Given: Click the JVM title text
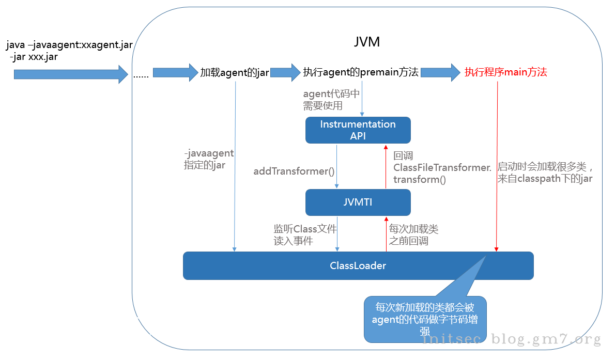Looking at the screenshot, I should click(367, 42).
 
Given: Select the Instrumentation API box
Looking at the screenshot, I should click(358, 130).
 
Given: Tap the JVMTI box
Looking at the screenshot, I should click(358, 202).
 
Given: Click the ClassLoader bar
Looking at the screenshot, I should click(358, 266).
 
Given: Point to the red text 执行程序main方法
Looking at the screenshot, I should click(505, 72).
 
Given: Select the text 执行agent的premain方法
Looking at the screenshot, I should click(361, 72).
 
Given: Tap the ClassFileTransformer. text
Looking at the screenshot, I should click(442, 167).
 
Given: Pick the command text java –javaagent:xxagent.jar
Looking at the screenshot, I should click(70, 45).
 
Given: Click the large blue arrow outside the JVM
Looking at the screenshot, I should click(70, 74).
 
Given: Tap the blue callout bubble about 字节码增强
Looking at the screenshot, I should click(425, 319).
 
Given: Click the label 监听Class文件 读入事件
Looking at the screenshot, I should click(305, 234).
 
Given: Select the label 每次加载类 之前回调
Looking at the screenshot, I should click(413, 234).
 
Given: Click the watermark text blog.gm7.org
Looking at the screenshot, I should click(546, 339).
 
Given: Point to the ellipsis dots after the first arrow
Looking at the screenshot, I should click(141, 76).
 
